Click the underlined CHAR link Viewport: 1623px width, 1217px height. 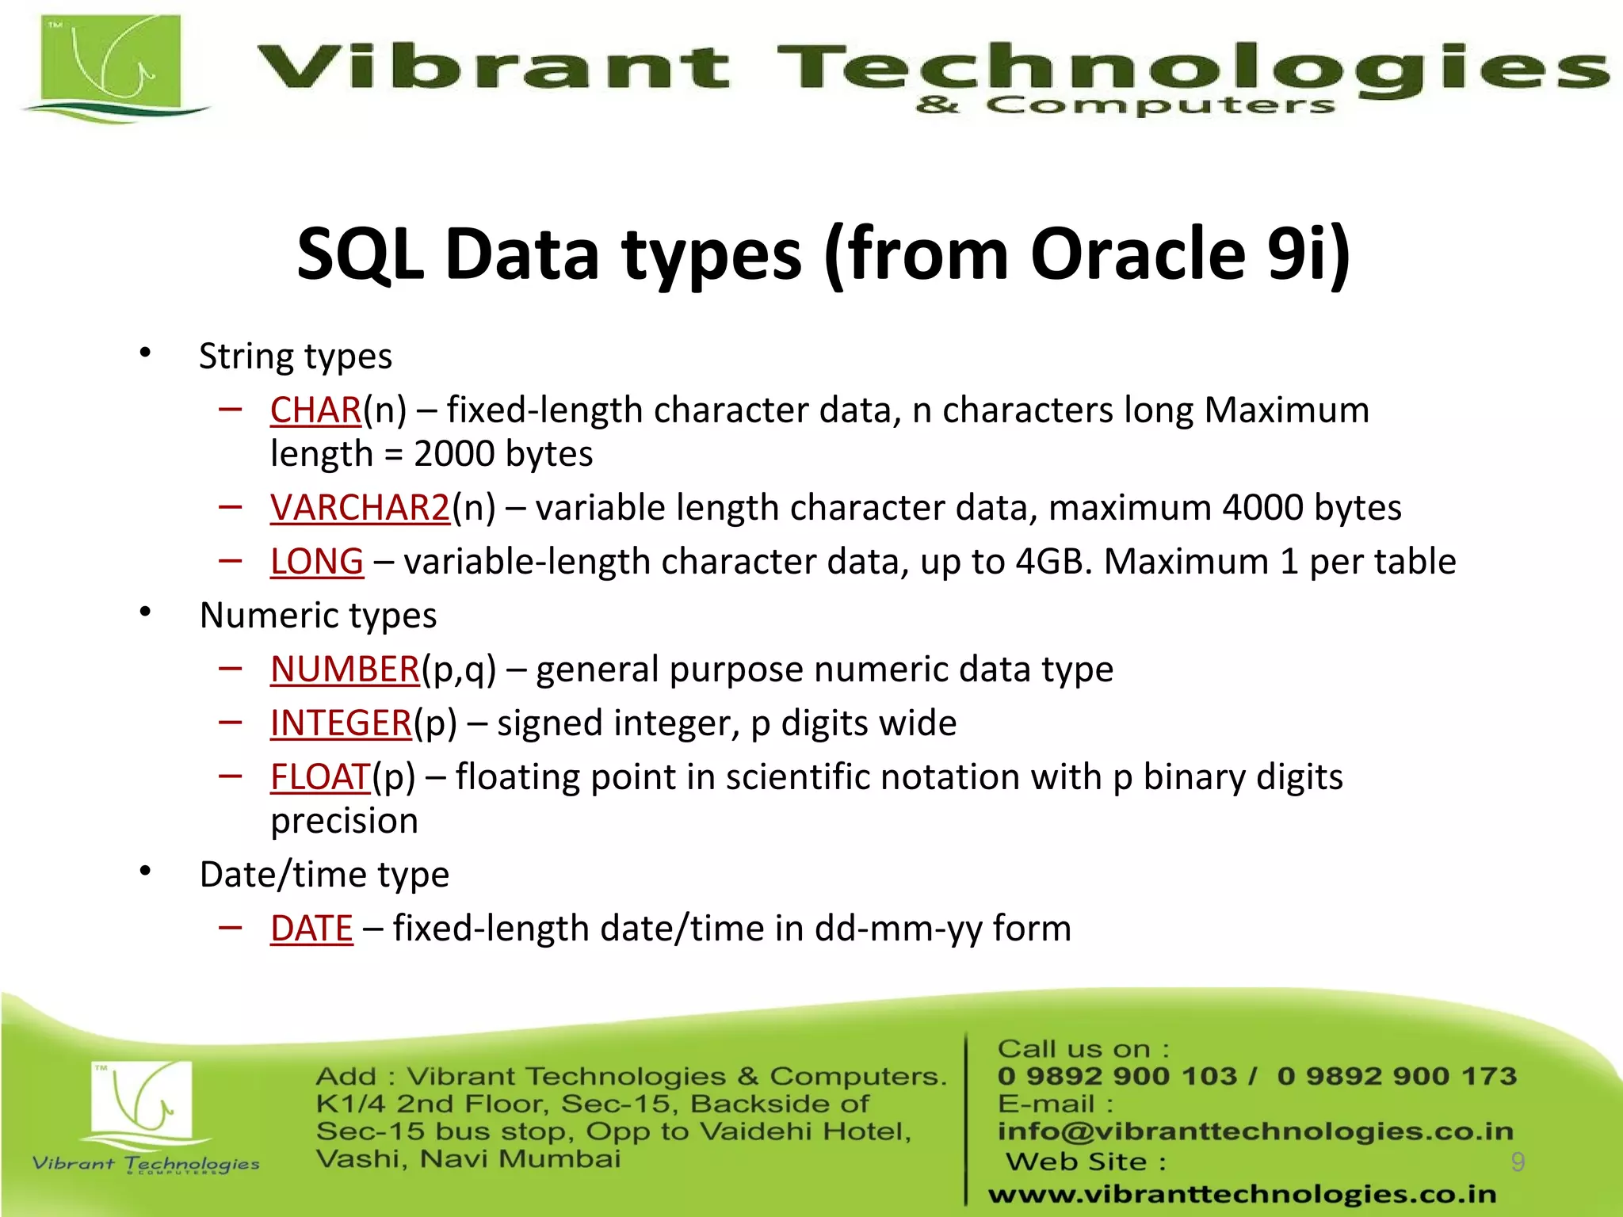315,410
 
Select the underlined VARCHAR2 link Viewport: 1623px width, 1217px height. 360,508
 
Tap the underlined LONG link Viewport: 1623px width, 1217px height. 316,562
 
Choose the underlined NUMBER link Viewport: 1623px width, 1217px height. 344,670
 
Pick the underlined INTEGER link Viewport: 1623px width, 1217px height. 341,723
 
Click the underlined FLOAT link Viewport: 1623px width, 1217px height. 320,777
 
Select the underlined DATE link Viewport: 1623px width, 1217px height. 311,929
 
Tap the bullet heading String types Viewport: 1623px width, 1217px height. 295,357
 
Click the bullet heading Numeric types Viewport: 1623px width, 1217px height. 318,616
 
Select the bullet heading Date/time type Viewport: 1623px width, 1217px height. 324,875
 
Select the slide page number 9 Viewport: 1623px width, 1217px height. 1518,1162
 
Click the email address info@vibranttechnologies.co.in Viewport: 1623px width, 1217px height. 1255,1131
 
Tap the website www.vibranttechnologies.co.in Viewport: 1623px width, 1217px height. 1242,1193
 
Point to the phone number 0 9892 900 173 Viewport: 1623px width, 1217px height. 1396,1076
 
